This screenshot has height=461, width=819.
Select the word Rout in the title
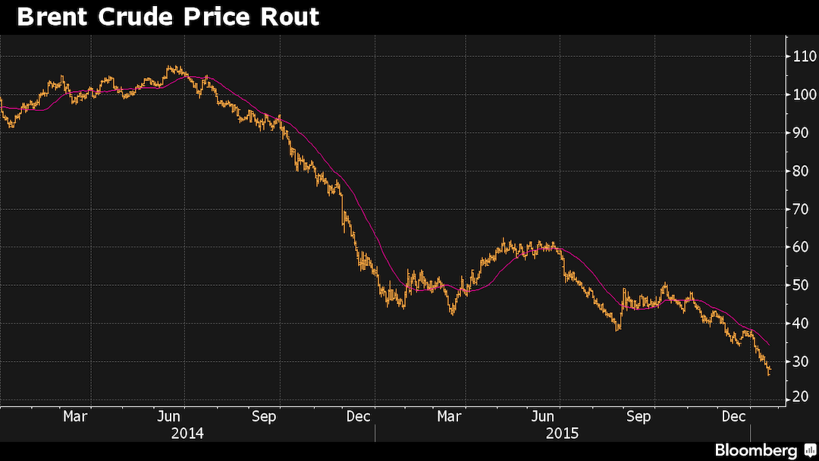288,17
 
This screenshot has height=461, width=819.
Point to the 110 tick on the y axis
805,56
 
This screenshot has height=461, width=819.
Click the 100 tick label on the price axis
805,95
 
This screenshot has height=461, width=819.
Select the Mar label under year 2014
75,416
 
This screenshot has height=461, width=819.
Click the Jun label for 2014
169,416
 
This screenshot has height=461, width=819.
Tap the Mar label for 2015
450,416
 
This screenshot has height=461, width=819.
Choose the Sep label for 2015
638,416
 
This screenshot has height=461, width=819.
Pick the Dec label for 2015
733,416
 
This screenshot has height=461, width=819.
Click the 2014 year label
187,434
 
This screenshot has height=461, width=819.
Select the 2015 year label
562,434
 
